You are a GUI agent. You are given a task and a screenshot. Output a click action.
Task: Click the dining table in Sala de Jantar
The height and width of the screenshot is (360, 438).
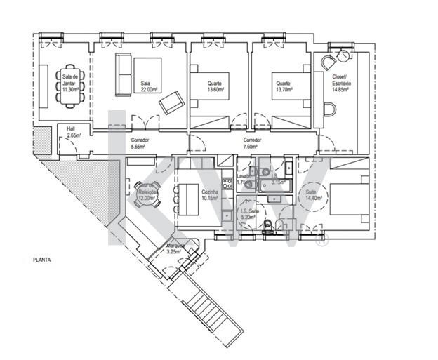(x=71, y=86)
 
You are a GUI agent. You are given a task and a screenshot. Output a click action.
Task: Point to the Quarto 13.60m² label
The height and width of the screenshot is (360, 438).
(x=215, y=86)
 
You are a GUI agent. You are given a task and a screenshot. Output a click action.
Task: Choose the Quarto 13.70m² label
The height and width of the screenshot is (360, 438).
(x=283, y=86)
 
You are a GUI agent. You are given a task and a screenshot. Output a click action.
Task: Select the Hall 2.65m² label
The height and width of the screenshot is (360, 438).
(x=72, y=131)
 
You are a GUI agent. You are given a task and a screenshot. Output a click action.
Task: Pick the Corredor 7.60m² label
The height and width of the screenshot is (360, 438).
(x=252, y=144)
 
